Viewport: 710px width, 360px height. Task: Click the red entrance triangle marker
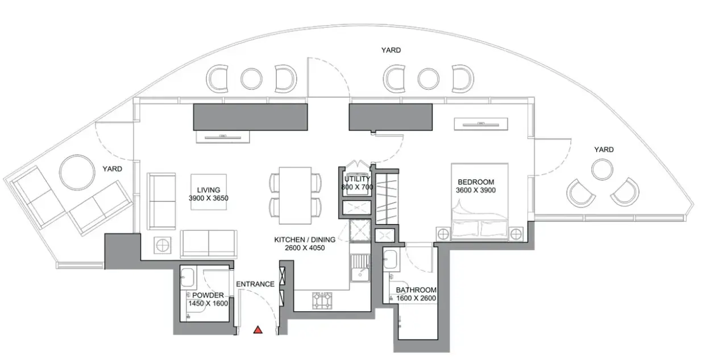click(x=258, y=330)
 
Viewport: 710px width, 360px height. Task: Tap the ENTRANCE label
click(x=255, y=284)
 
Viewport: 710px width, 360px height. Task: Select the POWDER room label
click(x=208, y=295)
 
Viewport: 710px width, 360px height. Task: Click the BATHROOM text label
click(x=416, y=290)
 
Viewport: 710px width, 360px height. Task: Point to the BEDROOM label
click(x=476, y=182)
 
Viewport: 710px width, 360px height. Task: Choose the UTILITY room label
click(x=357, y=179)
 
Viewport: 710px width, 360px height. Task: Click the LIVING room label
click(x=209, y=190)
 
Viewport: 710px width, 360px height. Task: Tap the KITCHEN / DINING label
click(x=305, y=240)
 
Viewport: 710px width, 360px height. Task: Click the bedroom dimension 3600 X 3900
click(x=476, y=191)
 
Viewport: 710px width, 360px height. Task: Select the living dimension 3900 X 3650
click(x=209, y=198)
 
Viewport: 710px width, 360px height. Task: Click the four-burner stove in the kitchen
click(x=322, y=300)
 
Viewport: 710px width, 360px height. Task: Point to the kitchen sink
click(x=360, y=268)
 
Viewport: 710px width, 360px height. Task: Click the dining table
click(x=295, y=196)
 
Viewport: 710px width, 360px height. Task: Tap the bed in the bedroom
click(x=480, y=201)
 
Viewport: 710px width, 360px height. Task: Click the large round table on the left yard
click(x=77, y=172)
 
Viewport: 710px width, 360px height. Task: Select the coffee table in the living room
click(x=209, y=192)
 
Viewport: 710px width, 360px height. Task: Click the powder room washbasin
click(x=188, y=276)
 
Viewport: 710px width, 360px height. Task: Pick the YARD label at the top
click(x=391, y=50)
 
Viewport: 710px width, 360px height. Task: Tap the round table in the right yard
click(x=602, y=169)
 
